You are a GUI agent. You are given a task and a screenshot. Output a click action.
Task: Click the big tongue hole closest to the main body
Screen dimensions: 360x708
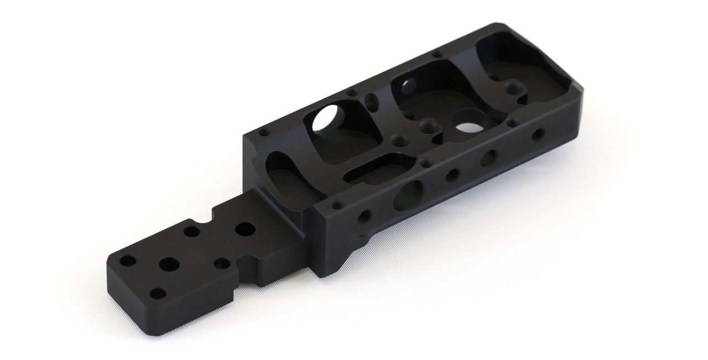tap(244, 229)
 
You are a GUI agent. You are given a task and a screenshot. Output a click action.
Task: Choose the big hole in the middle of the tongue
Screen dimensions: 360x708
tap(169, 264)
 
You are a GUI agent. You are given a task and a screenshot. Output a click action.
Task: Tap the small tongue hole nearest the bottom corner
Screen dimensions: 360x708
tap(158, 293)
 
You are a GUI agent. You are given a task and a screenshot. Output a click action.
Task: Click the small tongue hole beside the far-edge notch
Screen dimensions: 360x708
tap(192, 231)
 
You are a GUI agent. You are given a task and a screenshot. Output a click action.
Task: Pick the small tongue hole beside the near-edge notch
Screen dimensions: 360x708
tap(222, 263)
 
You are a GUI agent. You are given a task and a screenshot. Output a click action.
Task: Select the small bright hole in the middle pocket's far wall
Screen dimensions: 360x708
tap(408, 85)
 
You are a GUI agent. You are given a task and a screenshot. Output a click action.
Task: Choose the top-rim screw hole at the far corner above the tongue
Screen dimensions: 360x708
tap(263, 132)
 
